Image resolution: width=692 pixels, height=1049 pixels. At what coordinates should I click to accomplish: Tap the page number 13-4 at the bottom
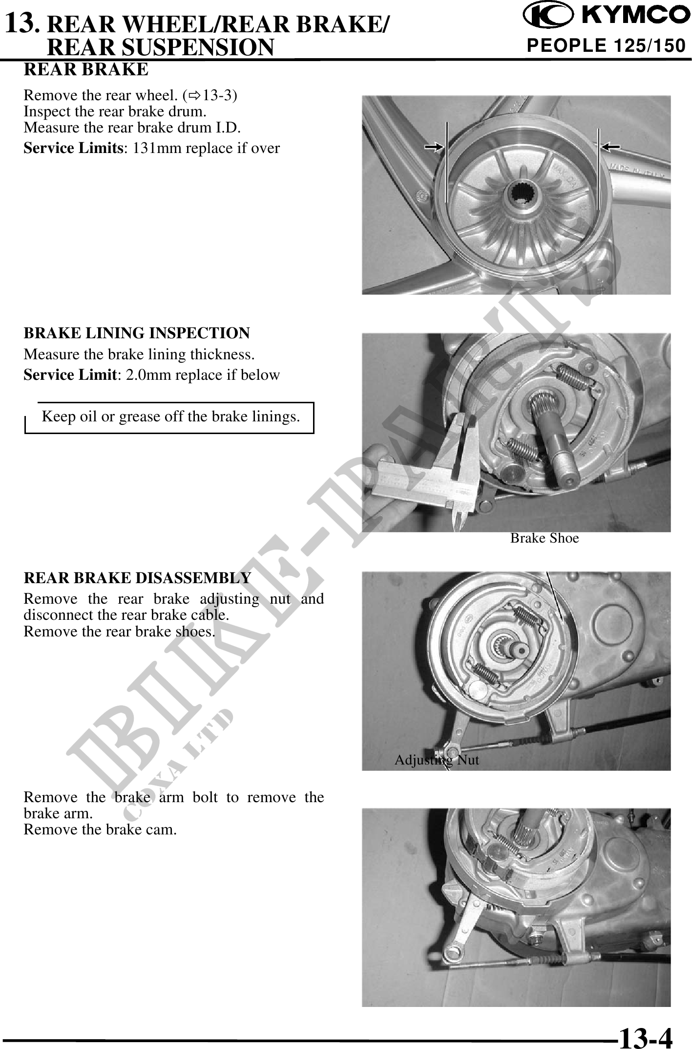pyautogui.click(x=645, y=1035)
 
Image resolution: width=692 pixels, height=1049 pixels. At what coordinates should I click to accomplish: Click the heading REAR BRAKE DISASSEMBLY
pyautogui.click(x=137, y=578)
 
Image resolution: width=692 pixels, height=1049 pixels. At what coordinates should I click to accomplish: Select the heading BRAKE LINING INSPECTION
pyautogui.click(x=137, y=333)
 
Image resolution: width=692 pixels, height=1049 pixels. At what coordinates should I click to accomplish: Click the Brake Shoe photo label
pyautogui.click(x=545, y=538)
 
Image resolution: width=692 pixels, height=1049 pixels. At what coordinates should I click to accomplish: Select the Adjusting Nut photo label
pyautogui.click(x=437, y=760)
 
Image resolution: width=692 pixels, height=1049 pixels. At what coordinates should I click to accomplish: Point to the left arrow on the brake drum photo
pyautogui.click(x=434, y=146)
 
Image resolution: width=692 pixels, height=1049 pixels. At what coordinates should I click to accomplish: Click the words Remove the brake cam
pyautogui.click(x=100, y=830)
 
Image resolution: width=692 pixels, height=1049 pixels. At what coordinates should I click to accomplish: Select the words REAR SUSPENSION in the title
pyautogui.click(x=162, y=47)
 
